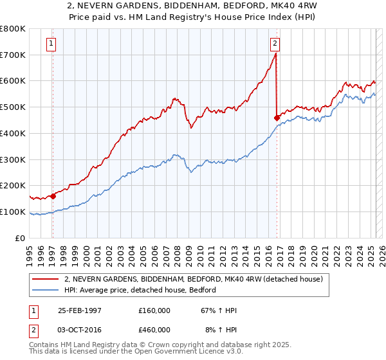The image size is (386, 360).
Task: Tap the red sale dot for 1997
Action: coord(53,196)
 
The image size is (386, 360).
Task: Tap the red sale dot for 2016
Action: coord(277,118)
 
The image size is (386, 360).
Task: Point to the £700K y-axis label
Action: coord(13,55)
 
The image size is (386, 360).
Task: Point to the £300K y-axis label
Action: coord(13,159)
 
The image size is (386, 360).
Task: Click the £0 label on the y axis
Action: coord(20,238)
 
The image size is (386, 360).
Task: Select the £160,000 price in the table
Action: coord(154,310)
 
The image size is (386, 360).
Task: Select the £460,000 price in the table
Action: coord(154,329)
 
